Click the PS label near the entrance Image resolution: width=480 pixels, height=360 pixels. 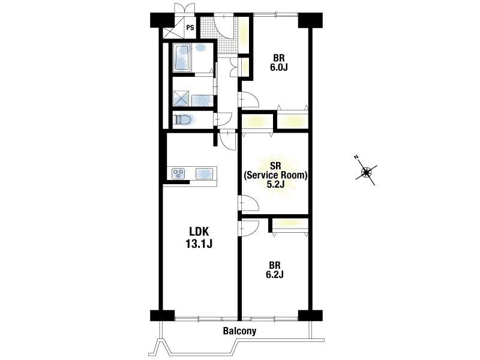click(190, 28)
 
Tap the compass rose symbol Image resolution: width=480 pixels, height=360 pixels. click(366, 172)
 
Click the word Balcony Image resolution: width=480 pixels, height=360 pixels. click(239, 331)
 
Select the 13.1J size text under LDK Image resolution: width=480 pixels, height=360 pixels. click(199, 244)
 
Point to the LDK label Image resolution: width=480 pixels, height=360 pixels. click(199, 232)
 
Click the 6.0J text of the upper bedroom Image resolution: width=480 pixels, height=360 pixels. click(278, 67)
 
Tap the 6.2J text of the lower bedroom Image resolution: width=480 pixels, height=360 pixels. click(275, 274)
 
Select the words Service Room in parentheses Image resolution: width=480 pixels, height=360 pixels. click(275, 175)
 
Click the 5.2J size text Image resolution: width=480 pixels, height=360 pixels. click(275, 184)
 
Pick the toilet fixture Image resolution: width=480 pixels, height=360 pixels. click(182, 119)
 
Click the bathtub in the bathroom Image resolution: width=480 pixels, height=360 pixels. click(182, 57)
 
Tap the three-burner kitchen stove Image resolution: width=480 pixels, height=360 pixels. click(178, 173)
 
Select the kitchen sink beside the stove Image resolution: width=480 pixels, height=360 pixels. click(204, 173)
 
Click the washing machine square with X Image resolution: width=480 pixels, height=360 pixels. click(181, 98)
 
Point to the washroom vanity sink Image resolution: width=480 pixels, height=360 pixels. click(202, 100)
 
